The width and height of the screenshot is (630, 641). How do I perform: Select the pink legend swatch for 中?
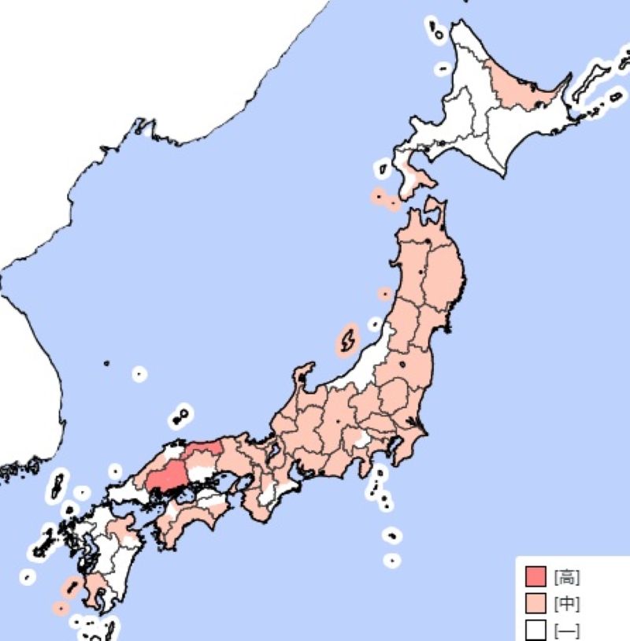point(535,604)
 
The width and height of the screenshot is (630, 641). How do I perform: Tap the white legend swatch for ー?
point(535,630)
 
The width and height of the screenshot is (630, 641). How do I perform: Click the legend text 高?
point(566,578)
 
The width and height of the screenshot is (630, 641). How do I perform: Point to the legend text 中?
point(566,604)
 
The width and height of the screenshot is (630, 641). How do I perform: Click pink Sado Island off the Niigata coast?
point(346,341)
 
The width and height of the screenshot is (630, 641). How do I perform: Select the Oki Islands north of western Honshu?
point(182,413)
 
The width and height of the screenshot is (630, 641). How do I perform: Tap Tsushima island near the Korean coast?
point(57,484)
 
